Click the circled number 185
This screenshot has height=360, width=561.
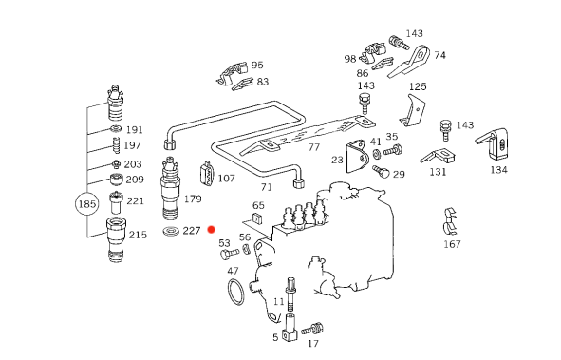87,204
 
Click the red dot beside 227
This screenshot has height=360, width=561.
211,229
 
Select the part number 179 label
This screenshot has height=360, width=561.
193,199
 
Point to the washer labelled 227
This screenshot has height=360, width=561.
171,231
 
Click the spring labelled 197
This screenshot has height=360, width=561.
116,145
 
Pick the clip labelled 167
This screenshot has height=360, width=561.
449,222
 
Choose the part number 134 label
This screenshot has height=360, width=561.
498,169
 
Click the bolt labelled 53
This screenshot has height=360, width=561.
229,255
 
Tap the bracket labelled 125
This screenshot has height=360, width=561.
413,110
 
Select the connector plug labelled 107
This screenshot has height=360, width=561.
207,173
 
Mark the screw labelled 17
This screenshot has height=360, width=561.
311,329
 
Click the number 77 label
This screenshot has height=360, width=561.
314,147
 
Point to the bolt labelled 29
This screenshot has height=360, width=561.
381,171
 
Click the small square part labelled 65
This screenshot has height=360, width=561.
257,218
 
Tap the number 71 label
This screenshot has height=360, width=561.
266,187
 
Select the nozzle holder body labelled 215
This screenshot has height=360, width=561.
116,239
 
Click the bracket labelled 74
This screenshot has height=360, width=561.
409,63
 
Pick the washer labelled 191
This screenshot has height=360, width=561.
116,129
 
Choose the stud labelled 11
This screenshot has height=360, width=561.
290,294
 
